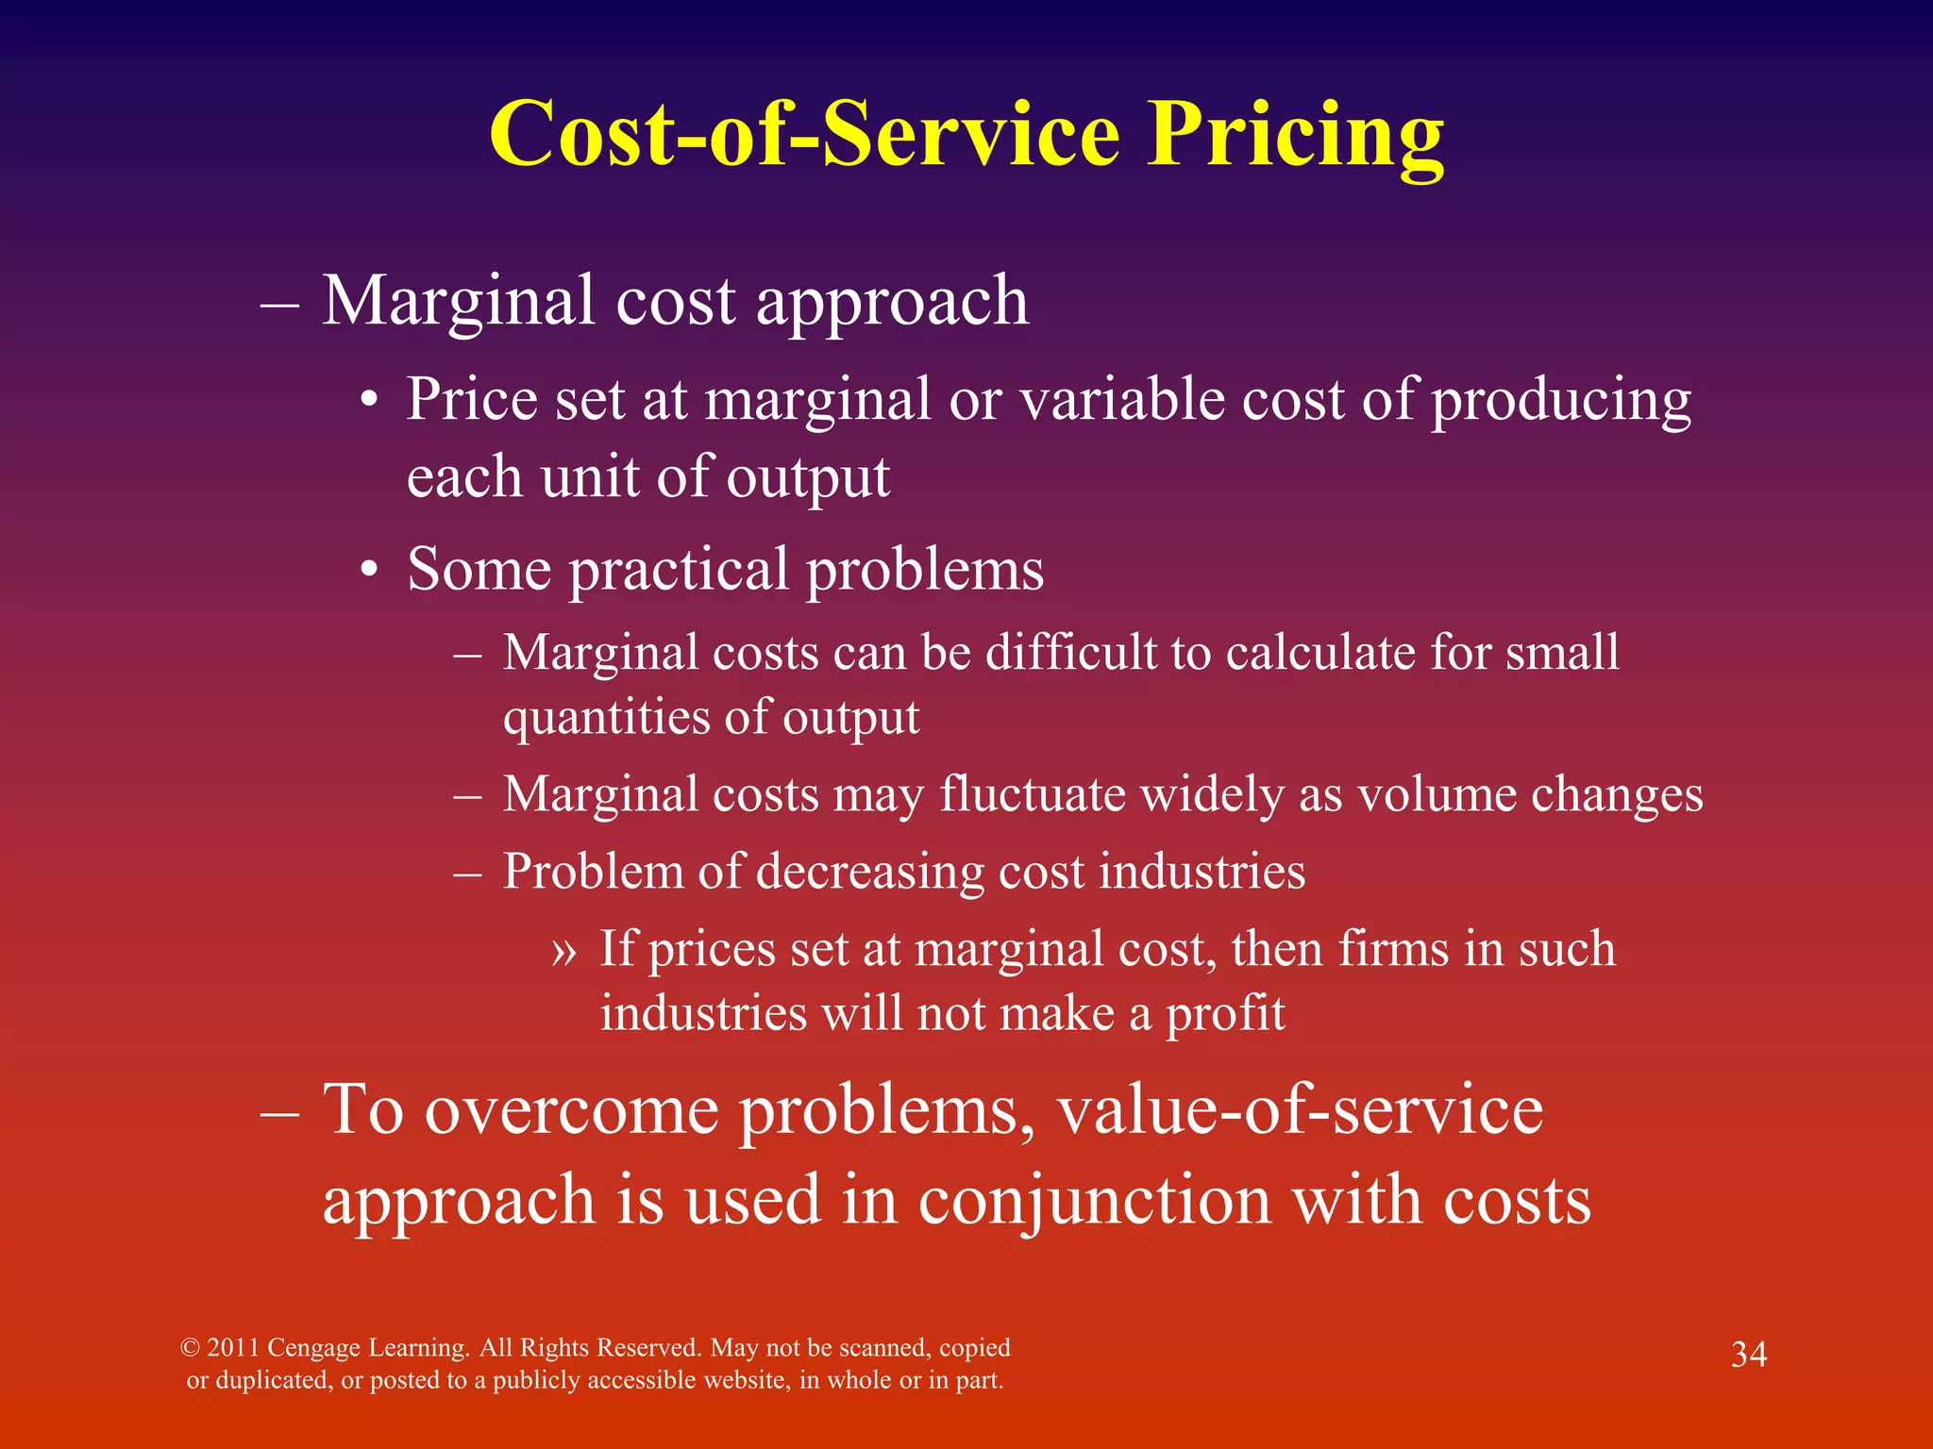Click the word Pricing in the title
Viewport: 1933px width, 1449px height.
coord(1295,137)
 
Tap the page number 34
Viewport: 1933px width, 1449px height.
coord(1748,1355)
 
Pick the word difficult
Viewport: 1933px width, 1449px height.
coord(1070,653)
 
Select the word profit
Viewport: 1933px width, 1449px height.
coord(1225,1015)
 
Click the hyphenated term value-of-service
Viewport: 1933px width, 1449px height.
coord(1300,1109)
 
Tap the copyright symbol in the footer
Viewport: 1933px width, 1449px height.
coord(190,1348)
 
